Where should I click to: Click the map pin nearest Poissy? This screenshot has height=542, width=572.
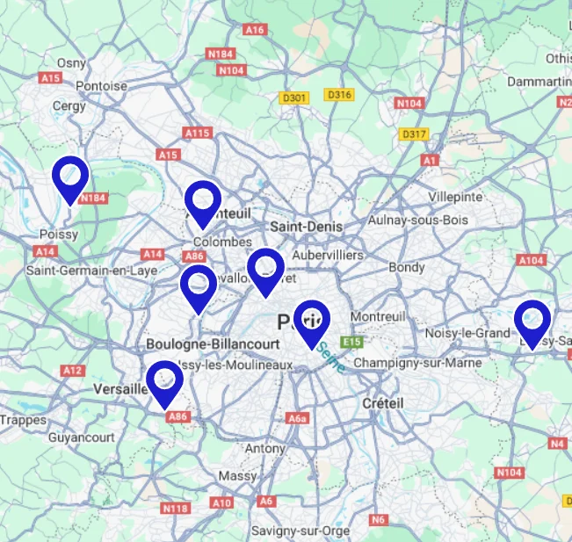pos(69,177)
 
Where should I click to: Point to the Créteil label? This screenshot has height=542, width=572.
pos(382,402)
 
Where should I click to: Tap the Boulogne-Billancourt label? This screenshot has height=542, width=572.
pos(214,343)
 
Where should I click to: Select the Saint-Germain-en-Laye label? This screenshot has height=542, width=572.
pos(91,270)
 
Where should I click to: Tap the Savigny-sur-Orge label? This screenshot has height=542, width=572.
pos(300,531)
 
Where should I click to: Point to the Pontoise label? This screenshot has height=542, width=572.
pos(102,86)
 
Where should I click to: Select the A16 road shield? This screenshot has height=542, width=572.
pos(255,30)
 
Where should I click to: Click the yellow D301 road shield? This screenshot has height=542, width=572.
pos(293,98)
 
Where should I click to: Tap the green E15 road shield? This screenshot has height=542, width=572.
pos(353,341)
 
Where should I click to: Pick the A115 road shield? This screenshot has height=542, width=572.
pos(198,133)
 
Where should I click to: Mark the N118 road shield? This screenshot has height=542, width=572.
pos(176,508)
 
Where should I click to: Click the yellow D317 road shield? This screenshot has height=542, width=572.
pos(412,134)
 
